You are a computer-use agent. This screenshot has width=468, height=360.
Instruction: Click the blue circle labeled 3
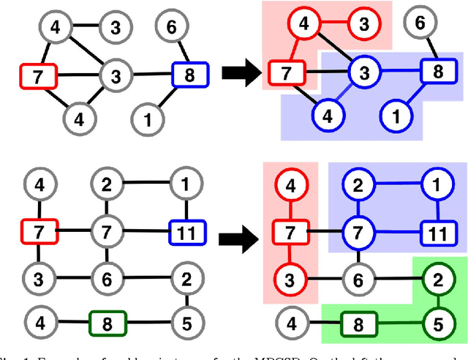click(x=361, y=71)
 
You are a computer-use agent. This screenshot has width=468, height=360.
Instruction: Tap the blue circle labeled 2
click(x=358, y=187)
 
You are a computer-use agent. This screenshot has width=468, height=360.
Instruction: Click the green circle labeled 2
click(x=436, y=280)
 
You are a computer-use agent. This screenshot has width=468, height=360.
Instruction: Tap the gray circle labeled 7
click(x=107, y=233)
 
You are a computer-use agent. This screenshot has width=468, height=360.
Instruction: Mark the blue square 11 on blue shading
click(x=437, y=233)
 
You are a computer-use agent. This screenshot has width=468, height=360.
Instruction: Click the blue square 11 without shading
click(x=186, y=233)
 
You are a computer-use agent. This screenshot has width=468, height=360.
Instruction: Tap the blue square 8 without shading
click(x=190, y=73)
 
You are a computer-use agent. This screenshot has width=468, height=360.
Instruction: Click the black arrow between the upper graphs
click(x=233, y=72)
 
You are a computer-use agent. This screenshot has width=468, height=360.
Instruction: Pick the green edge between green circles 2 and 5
click(x=436, y=301)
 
